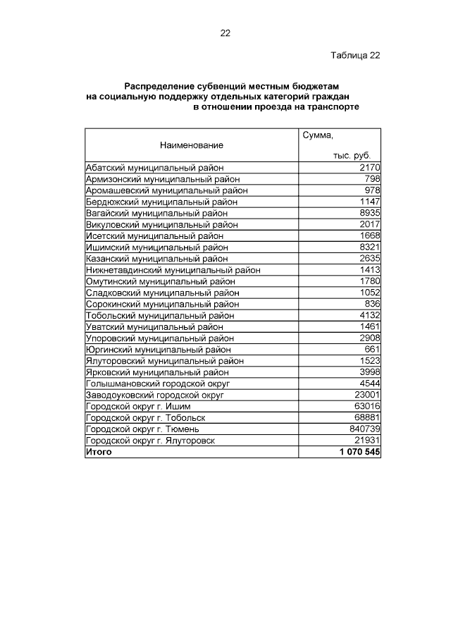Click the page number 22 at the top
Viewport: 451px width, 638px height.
pyautogui.click(x=225, y=32)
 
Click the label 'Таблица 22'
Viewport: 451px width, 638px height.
pyautogui.click(x=356, y=56)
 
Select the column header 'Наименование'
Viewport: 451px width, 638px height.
pyautogui.click(x=191, y=145)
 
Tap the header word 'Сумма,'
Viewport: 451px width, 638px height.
pyautogui.click(x=317, y=134)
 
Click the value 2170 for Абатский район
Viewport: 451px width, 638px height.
pyautogui.click(x=369, y=168)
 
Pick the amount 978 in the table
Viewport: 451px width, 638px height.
pyautogui.click(x=372, y=190)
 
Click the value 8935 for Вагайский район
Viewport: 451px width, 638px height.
pyautogui.click(x=369, y=213)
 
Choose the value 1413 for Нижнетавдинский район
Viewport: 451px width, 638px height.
pyautogui.click(x=369, y=270)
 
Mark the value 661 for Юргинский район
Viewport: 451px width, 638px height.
pyautogui.click(x=372, y=349)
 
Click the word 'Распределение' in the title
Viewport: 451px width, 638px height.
pyautogui.click(x=159, y=84)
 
